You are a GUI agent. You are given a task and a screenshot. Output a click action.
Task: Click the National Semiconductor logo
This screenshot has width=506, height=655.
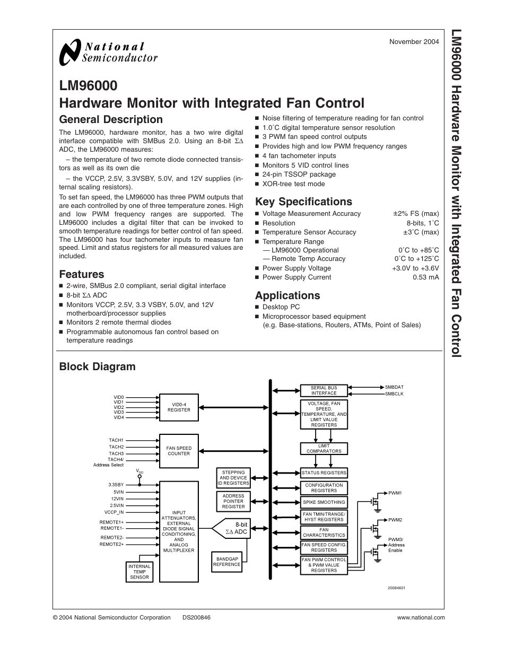[109, 53]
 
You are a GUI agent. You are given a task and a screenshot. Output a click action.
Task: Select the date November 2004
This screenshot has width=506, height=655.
[414, 42]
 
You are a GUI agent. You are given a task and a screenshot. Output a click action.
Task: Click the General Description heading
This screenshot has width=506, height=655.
[111, 119]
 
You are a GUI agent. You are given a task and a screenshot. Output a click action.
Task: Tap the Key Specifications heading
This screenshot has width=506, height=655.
[303, 202]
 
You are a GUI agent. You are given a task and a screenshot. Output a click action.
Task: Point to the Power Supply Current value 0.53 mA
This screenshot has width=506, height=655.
[425, 277]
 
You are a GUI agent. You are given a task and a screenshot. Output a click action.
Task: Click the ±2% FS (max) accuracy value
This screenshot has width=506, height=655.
[416, 214]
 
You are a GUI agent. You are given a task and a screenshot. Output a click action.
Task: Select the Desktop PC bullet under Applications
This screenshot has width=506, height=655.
[281, 307]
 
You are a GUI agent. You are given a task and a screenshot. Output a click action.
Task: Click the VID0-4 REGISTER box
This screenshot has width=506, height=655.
[179, 407]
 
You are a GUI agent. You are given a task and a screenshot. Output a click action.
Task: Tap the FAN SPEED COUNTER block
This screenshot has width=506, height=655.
[179, 451]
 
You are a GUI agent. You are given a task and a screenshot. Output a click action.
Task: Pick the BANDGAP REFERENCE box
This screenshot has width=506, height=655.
[226, 562]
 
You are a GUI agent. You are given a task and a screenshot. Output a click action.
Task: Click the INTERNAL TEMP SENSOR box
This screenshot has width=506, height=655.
[139, 572]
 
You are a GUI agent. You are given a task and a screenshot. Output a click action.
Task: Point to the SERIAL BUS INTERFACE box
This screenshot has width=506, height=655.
[324, 391]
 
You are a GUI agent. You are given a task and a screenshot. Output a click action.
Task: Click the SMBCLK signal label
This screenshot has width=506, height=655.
[394, 394]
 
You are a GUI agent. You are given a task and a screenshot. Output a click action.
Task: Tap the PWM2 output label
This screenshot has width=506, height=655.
[395, 520]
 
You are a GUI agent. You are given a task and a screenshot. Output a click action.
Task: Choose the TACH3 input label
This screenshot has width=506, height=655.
[116, 453]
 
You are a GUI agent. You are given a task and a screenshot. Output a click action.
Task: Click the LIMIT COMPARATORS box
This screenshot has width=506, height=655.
[324, 449]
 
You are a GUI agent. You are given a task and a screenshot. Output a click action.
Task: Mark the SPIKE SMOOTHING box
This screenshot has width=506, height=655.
[324, 502]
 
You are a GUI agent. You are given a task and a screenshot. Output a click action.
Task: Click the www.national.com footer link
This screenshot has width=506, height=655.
[421, 617]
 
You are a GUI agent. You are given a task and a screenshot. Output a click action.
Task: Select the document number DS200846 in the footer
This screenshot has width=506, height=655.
[196, 617]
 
